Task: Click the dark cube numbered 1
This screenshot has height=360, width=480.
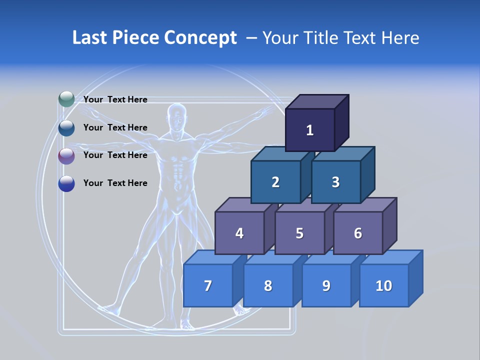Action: [310, 130]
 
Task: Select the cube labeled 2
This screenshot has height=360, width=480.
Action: [275, 182]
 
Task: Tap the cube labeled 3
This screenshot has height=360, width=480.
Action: [335, 182]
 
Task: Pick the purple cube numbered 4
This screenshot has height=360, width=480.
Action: [239, 233]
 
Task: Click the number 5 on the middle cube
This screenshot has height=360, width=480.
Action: [299, 233]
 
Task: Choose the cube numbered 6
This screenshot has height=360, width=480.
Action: [358, 233]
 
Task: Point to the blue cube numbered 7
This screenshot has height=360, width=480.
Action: [208, 286]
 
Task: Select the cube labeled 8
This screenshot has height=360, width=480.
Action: [268, 286]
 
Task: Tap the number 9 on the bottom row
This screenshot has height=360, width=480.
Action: [326, 286]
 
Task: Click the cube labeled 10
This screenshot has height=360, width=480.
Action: [384, 286]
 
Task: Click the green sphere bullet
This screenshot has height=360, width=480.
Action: [66, 99]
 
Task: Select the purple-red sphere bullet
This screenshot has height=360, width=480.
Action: [66, 156]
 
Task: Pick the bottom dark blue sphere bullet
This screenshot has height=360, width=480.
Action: [66, 183]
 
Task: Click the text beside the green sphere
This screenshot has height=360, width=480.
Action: [115, 99]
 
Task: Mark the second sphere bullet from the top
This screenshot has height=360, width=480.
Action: [66, 128]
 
